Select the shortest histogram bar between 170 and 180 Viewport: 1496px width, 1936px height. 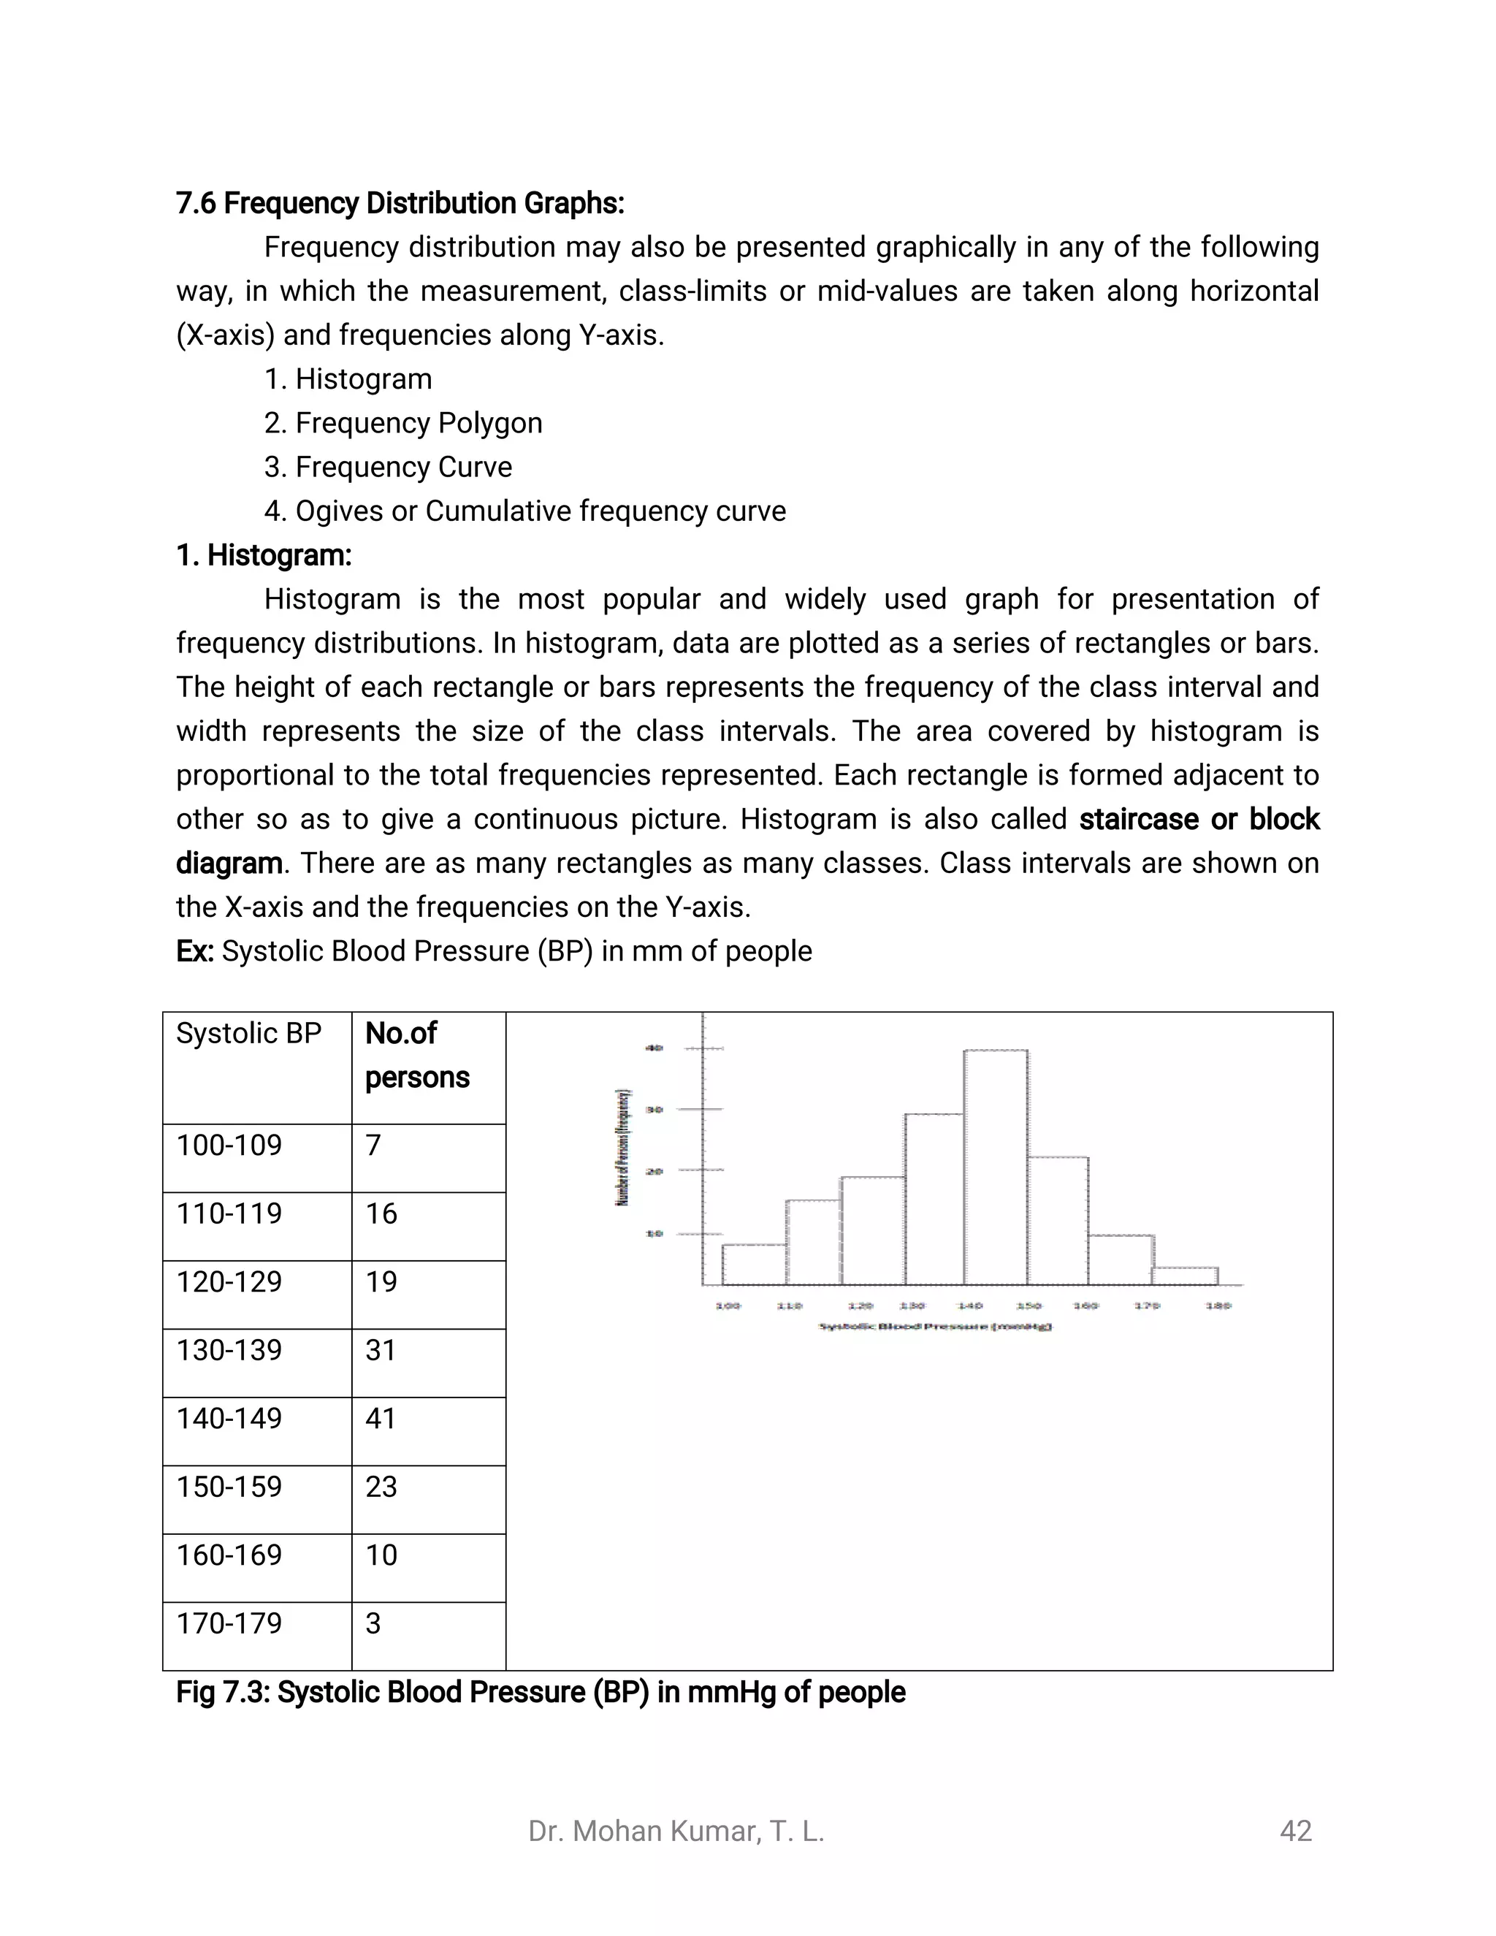1185,1276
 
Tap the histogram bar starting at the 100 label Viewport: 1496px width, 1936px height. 754,1264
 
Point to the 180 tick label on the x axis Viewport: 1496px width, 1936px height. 1218,1306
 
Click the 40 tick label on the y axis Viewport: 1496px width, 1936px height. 654,1048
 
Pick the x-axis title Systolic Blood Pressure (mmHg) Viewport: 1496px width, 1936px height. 935,1327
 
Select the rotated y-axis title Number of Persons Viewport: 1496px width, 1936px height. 623,1147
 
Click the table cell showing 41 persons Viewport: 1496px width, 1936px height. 381,1418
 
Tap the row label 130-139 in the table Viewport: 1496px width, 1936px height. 229,1350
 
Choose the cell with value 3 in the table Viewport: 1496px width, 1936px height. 373,1623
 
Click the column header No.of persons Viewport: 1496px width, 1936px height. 416,1055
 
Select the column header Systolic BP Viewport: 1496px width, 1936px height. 248,1034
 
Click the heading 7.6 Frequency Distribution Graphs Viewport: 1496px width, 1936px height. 400,204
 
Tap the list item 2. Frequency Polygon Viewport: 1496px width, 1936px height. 403,423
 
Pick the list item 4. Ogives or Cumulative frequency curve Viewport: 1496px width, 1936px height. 524,511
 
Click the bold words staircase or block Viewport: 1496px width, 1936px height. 1198,819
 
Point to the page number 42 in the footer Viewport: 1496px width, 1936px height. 1295,1831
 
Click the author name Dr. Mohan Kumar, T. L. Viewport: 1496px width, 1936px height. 676,1831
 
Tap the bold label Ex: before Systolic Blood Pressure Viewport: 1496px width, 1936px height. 194,951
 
